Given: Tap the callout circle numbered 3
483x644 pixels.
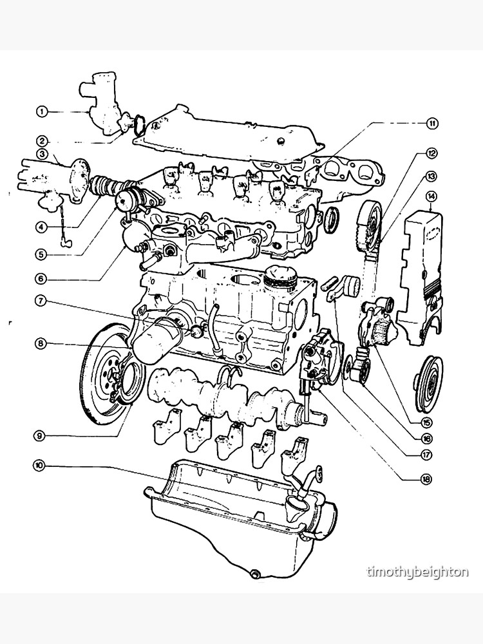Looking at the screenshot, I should (x=42, y=154).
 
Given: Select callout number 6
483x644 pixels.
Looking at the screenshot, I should (x=42, y=279).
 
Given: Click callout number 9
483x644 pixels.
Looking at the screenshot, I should (x=41, y=436).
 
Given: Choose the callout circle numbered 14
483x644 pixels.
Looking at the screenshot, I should (x=431, y=196).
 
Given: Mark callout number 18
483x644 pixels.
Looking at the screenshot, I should (x=425, y=479).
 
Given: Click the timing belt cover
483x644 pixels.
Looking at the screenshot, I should (x=422, y=264).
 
